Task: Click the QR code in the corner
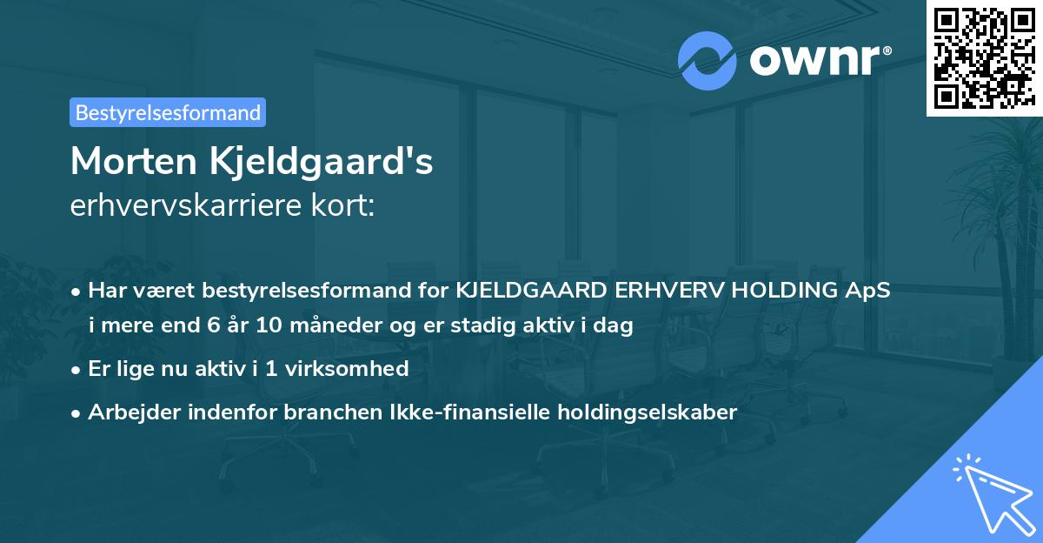[983, 57]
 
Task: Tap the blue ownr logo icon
[708, 60]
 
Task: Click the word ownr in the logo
[813, 61]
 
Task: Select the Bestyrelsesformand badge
[168, 112]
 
